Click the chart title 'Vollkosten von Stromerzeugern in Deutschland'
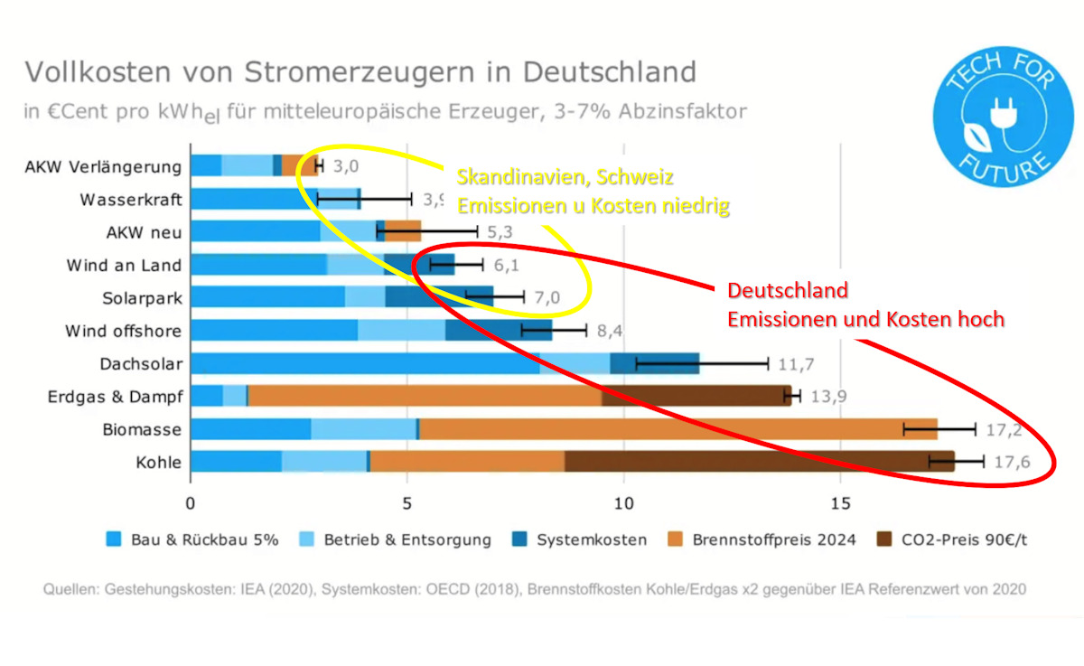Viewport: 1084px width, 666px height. pos(360,72)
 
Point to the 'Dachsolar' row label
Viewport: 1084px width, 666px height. pos(141,364)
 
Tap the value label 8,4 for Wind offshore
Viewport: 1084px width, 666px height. pos(610,332)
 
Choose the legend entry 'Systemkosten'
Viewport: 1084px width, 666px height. pos(591,539)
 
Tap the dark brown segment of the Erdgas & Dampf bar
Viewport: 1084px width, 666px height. pos(696,397)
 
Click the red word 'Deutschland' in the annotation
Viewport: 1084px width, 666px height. pos(788,291)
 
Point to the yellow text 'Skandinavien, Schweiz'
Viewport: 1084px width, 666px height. pos(565,176)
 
